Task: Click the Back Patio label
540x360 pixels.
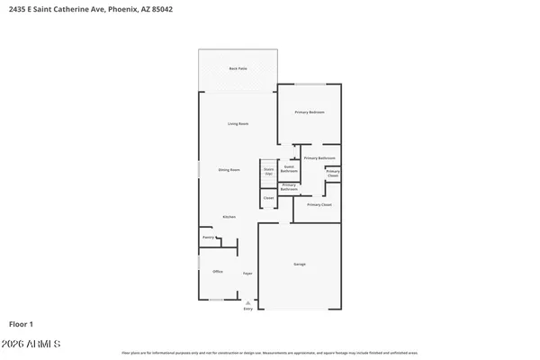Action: click(x=238, y=68)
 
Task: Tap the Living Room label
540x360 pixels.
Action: click(x=238, y=123)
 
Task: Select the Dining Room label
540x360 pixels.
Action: click(x=229, y=169)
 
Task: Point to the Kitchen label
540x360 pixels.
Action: click(x=229, y=217)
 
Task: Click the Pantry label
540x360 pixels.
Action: click(x=208, y=238)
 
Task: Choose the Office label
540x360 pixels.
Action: click(x=217, y=271)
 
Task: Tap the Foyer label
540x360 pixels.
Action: click(x=247, y=272)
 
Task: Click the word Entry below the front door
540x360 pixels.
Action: click(x=248, y=310)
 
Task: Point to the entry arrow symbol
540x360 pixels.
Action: click(x=248, y=303)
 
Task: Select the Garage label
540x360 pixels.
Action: click(x=299, y=264)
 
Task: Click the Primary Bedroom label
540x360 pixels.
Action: click(x=310, y=112)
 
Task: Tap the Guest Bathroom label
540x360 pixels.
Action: click(x=290, y=168)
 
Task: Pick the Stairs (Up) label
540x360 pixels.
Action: click(x=268, y=171)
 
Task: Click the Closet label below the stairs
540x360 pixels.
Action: click(x=268, y=197)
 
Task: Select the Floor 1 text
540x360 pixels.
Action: click(x=22, y=322)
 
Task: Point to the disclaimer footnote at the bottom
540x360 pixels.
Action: click(x=270, y=353)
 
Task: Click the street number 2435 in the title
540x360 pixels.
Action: click(x=16, y=9)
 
